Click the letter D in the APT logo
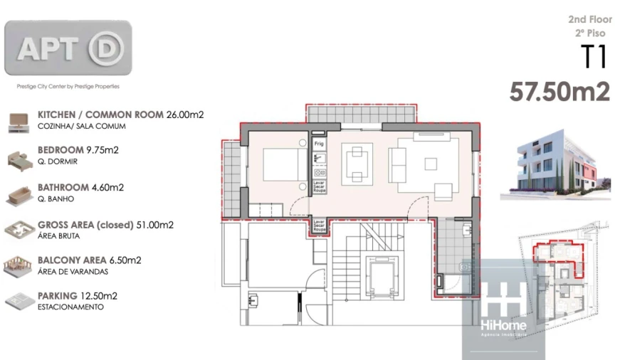(x=107, y=48)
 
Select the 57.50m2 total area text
(x=559, y=92)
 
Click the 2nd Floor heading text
(x=590, y=20)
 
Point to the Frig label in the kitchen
(x=319, y=144)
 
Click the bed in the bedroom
(x=283, y=164)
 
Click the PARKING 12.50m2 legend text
(x=78, y=295)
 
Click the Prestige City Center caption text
(x=68, y=86)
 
